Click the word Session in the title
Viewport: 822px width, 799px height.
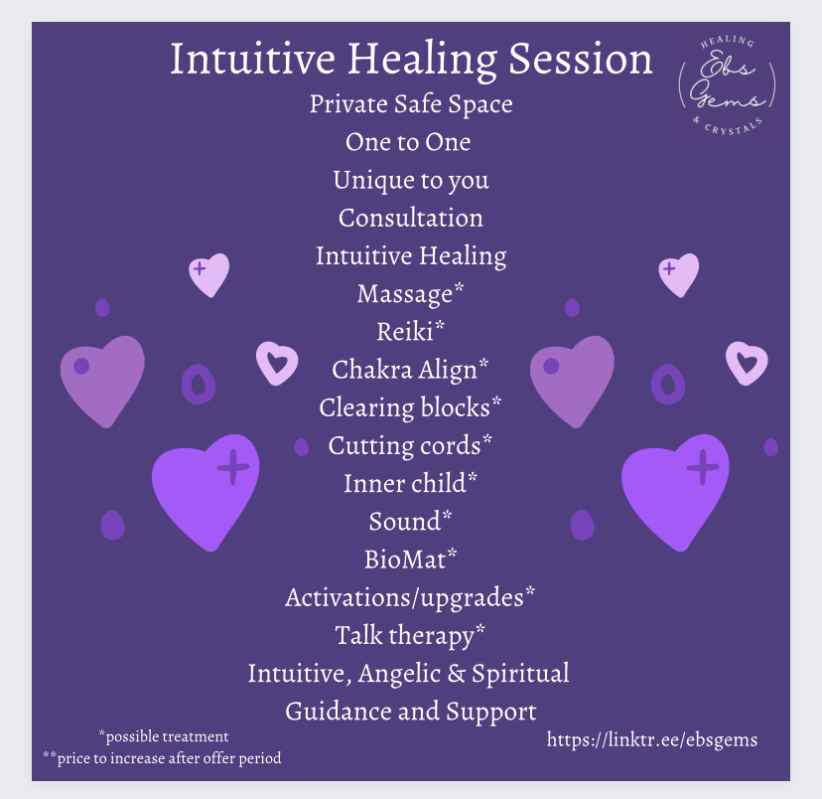[x=581, y=59]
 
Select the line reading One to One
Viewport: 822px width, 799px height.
[x=408, y=142]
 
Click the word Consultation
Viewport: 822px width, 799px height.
[x=410, y=218]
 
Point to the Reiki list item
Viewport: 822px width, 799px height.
[x=410, y=331]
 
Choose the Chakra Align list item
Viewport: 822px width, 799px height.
[x=410, y=370]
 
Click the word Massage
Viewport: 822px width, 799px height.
[x=405, y=294]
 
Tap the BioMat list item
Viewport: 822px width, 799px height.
[x=410, y=559]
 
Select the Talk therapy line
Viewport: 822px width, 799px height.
[x=410, y=635]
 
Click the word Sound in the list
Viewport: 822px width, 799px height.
[x=405, y=522]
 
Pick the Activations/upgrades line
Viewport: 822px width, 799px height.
[x=410, y=597]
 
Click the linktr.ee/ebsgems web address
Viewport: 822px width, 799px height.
[x=651, y=739]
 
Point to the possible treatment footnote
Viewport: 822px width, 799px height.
[x=164, y=736]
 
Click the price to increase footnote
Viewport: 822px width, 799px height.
[x=162, y=758]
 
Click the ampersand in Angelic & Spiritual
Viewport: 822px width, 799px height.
[x=456, y=673]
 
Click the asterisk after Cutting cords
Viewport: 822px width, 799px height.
[x=487, y=439]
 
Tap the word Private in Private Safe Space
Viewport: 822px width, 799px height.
[x=349, y=104]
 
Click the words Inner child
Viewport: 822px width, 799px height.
[x=405, y=483]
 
